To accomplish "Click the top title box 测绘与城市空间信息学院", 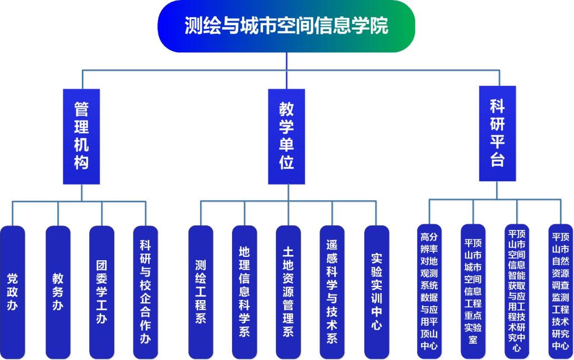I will coord(286,26).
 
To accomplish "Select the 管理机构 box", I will coord(81,136).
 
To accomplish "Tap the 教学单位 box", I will coord(286,136).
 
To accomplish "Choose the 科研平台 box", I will coord(497,133).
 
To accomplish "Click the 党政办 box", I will coord(12,292).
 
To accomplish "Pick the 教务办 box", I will coord(58,292).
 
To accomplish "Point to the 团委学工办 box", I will coord(101,292).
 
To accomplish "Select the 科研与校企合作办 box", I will coord(145,292).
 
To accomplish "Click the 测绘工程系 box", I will coord(201,292).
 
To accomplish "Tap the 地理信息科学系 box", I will coord(244,292).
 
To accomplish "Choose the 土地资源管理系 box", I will coord(288,292).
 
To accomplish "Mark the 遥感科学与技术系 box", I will coord(332,292).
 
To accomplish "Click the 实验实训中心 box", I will coord(376,292).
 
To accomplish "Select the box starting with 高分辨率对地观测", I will coord(429,292).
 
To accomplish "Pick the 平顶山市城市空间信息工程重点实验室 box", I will coord(473,292).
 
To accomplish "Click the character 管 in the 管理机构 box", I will coord(81,107).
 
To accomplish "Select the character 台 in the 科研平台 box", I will coord(497,160).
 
